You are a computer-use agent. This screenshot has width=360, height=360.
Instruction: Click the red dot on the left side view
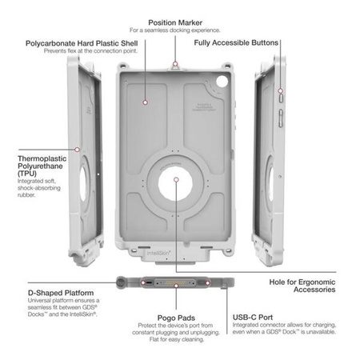pos(77,148)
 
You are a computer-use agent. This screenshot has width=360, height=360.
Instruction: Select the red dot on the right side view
pos(280,93)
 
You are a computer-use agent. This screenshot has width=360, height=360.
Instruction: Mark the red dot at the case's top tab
pos(174,62)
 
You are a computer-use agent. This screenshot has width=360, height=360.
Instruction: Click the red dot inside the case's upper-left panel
pos(145,102)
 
